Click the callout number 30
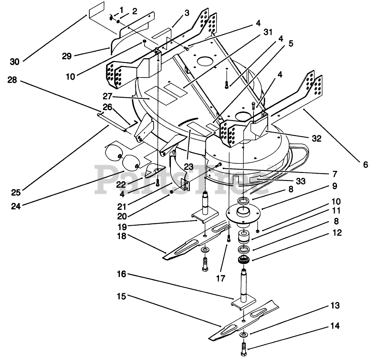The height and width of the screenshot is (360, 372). tap(14, 62)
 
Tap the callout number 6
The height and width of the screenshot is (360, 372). tap(366, 164)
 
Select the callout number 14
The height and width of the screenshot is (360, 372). tap(335, 326)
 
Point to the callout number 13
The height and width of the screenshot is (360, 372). tap(335, 306)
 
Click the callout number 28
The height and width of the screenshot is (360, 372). tap(12, 80)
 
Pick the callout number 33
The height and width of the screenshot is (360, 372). tap(301, 181)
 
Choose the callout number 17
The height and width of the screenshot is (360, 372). tap(221, 278)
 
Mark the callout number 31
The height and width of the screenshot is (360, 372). tap(268, 32)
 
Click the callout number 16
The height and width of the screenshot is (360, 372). tap(121, 274)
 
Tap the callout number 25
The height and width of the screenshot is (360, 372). tap(16, 192)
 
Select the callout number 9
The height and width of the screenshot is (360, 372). tap(334, 186)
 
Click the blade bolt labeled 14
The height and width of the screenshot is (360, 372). tap(244, 349)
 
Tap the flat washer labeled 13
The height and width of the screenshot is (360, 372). tap(244, 335)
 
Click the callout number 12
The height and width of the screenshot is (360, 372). tap(337, 233)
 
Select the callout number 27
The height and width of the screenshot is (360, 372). tap(108, 97)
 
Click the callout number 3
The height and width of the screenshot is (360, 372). tap(187, 13)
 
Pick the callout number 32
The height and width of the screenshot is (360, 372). tap(316, 138)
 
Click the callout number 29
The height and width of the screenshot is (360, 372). tap(67, 56)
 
